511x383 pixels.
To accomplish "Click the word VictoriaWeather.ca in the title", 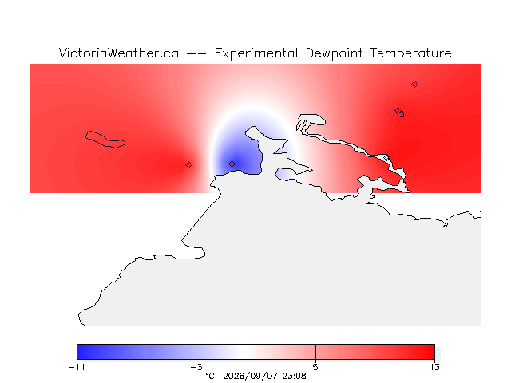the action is tap(119, 53).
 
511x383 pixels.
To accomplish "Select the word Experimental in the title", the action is tap(256, 53).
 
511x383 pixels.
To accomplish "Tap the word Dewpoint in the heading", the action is tap(334, 53).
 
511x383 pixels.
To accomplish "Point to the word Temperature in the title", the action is tap(410, 53).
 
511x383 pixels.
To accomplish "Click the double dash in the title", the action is tap(196, 54).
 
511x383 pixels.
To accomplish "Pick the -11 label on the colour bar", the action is tap(77, 367).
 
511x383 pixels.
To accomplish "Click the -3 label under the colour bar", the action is tap(196, 367).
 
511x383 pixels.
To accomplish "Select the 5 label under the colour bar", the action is tap(315, 367).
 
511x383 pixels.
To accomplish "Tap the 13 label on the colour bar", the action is tap(434, 367).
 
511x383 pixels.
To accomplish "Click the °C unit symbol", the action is tap(210, 376).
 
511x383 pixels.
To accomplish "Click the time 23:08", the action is tap(295, 376).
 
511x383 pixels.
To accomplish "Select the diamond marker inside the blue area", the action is tap(232, 164).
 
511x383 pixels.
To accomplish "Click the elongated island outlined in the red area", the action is tap(105, 140).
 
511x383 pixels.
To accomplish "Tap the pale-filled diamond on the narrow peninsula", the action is tap(386, 158).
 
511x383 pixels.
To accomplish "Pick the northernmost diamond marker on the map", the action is tap(414, 85).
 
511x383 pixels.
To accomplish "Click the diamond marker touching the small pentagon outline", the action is tap(398, 110).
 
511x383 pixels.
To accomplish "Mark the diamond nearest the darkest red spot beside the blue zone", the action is tap(188, 165).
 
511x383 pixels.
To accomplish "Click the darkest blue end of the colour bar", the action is tap(79, 352).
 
